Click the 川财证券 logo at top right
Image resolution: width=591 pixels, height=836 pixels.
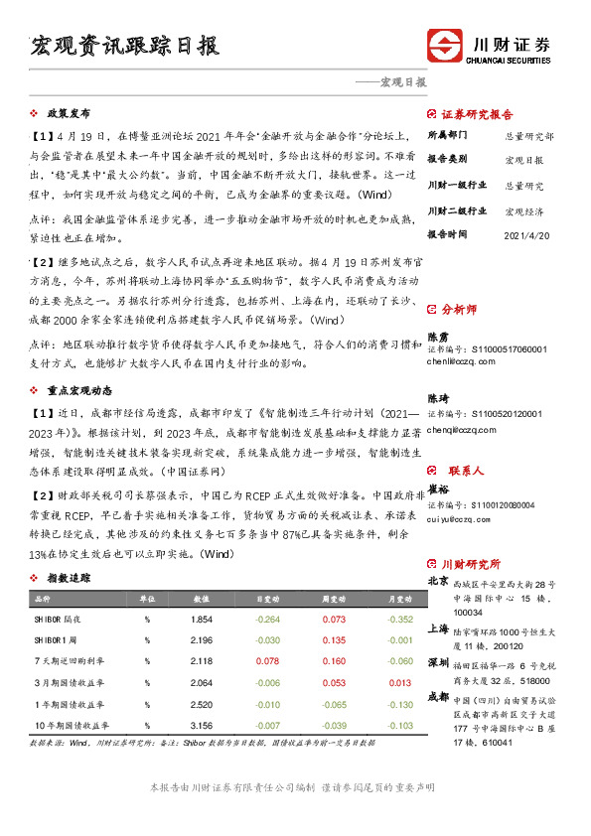coord(489,47)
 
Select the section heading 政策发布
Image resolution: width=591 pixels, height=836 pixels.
coord(69,113)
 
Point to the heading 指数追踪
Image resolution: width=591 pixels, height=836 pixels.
coord(69,577)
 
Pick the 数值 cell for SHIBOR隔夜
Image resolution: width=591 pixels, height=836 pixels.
coord(202,619)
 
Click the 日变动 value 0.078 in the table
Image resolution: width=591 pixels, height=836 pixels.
coord(268,660)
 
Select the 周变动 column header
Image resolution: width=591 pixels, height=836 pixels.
coord(333,600)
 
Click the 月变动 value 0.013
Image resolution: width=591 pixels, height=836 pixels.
coord(399,682)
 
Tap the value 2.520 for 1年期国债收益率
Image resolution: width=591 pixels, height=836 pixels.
coord(202,704)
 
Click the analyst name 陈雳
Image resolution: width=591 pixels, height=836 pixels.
coord(437,337)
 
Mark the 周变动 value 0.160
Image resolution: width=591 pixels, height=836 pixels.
coord(334,660)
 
